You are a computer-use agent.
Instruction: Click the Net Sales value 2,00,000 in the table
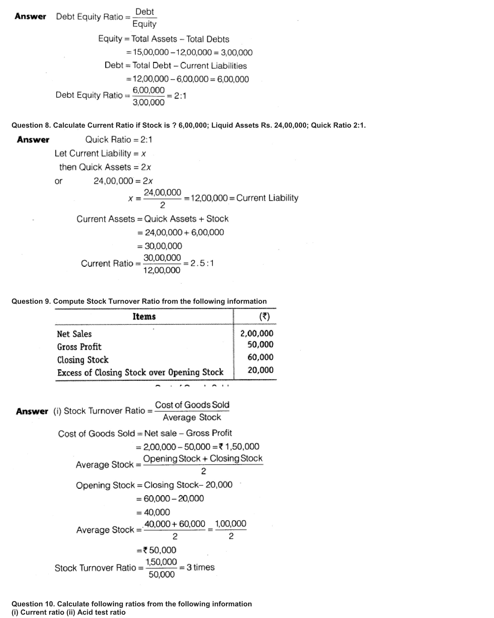coord(257,333)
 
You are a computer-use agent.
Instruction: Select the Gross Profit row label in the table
coord(79,347)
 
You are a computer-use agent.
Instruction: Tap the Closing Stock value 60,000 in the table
coord(260,357)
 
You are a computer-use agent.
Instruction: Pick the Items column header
coord(144,317)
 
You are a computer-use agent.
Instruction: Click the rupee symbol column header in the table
coord(264,317)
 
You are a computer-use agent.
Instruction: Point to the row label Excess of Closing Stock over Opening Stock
coord(140,372)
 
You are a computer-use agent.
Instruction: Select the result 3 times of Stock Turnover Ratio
coord(201,567)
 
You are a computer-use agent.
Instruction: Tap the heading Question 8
coord(31,125)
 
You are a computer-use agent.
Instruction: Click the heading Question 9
coord(31,301)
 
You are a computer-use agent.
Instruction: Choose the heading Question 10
coord(33,604)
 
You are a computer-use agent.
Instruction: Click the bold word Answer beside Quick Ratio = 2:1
coord(33,140)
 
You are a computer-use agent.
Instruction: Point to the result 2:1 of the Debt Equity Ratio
coord(180,96)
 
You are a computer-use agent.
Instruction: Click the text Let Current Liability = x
coord(100,153)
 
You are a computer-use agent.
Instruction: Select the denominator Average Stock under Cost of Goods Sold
coord(192,418)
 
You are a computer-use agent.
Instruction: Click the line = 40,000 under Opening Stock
coord(153,512)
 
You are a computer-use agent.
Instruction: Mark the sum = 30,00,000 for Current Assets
coord(160,246)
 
